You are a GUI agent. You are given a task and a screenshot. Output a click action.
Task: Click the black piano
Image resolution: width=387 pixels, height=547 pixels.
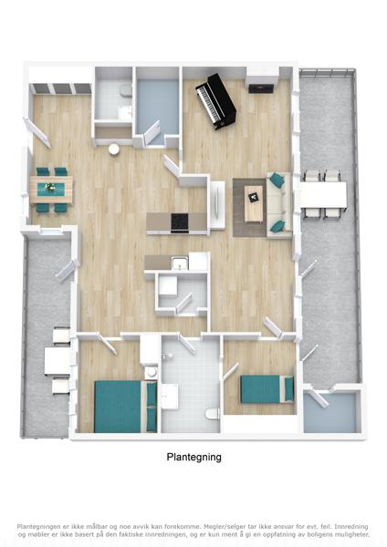tap(215, 101)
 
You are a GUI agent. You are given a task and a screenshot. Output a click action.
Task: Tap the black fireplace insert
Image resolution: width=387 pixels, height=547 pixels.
tap(260, 88)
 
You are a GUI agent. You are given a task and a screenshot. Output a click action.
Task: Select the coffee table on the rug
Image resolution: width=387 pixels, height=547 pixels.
tap(254, 203)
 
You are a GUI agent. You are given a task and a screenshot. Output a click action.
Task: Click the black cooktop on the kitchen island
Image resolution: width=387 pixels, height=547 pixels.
tap(180, 222)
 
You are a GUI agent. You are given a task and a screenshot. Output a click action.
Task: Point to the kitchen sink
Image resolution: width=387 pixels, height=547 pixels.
tap(180, 263)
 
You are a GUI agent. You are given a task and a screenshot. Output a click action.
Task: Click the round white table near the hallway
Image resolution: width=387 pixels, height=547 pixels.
tap(114, 150)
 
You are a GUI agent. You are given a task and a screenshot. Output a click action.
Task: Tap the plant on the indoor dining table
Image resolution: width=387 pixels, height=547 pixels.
tap(51, 187)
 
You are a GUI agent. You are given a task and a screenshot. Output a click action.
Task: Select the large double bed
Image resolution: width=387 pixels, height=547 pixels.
tap(126, 407)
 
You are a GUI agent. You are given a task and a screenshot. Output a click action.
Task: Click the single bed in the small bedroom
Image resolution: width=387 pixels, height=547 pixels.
tap(267, 389)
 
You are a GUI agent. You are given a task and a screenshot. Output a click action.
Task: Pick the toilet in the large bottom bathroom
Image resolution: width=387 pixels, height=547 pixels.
tap(212, 413)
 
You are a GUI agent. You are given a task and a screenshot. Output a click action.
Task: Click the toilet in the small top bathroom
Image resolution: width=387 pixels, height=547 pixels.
tap(126, 90)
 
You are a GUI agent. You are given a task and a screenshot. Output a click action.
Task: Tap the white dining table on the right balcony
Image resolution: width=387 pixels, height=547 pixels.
tap(323, 195)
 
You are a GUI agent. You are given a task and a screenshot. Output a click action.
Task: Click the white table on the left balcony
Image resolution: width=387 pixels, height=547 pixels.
tap(57, 361)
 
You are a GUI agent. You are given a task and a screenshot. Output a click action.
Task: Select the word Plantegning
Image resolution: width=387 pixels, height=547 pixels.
tap(193, 457)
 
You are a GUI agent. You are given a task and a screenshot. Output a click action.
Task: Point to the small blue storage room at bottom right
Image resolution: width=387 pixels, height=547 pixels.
tap(329, 412)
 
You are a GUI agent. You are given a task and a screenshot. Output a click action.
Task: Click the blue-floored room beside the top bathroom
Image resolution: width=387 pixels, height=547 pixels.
tap(156, 107)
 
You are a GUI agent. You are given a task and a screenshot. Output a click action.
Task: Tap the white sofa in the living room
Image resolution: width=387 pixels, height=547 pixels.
tap(279, 205)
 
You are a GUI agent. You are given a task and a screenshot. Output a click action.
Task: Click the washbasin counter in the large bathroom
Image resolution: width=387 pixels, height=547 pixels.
tap(170, 397)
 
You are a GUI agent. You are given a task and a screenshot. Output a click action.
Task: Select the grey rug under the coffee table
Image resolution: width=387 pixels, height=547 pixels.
tap(250, 208)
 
